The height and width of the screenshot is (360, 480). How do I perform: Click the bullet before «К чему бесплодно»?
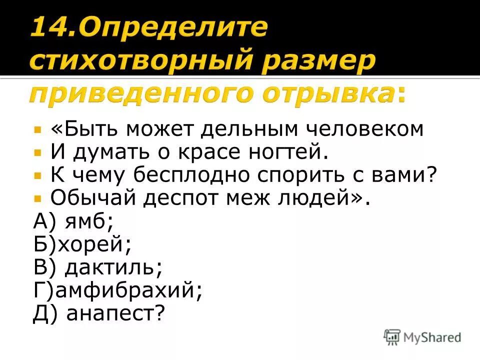pos(37,175)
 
